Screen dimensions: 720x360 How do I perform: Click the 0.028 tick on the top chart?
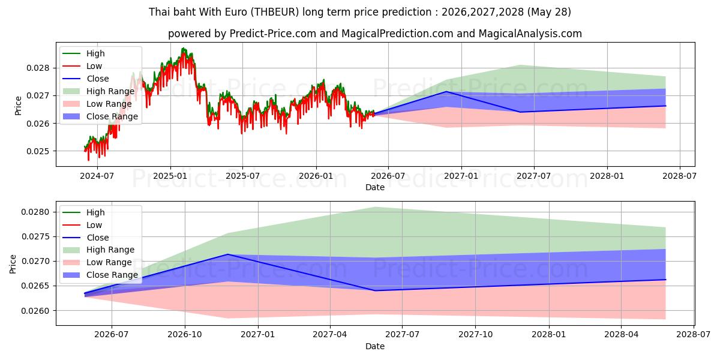coord(38,68)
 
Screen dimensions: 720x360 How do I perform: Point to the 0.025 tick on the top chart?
coord(38,151)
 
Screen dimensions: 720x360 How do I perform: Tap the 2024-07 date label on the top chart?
coord(97,176)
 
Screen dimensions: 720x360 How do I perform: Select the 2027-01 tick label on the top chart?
coord(461,176)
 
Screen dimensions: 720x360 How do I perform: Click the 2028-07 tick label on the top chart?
coord(680,176)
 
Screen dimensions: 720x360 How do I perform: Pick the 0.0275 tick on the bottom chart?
coord(35,237)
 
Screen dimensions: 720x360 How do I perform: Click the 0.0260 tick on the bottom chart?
coord(35,311)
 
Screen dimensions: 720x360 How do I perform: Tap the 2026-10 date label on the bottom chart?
coord(185,335)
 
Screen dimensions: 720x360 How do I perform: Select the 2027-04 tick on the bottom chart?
coord(330,335)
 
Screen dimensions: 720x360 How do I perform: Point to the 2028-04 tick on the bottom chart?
coord(622,335)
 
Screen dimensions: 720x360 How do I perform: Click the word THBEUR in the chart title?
coord(275,12)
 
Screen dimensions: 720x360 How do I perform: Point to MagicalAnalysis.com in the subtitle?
coord(530,34)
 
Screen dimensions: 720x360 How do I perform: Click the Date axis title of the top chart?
coord(375,187)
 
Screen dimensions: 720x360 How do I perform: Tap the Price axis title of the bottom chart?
coord(13,264)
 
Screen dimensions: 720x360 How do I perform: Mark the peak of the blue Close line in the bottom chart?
coord(228,254)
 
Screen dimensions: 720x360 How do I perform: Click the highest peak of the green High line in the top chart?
coord(182,48)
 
